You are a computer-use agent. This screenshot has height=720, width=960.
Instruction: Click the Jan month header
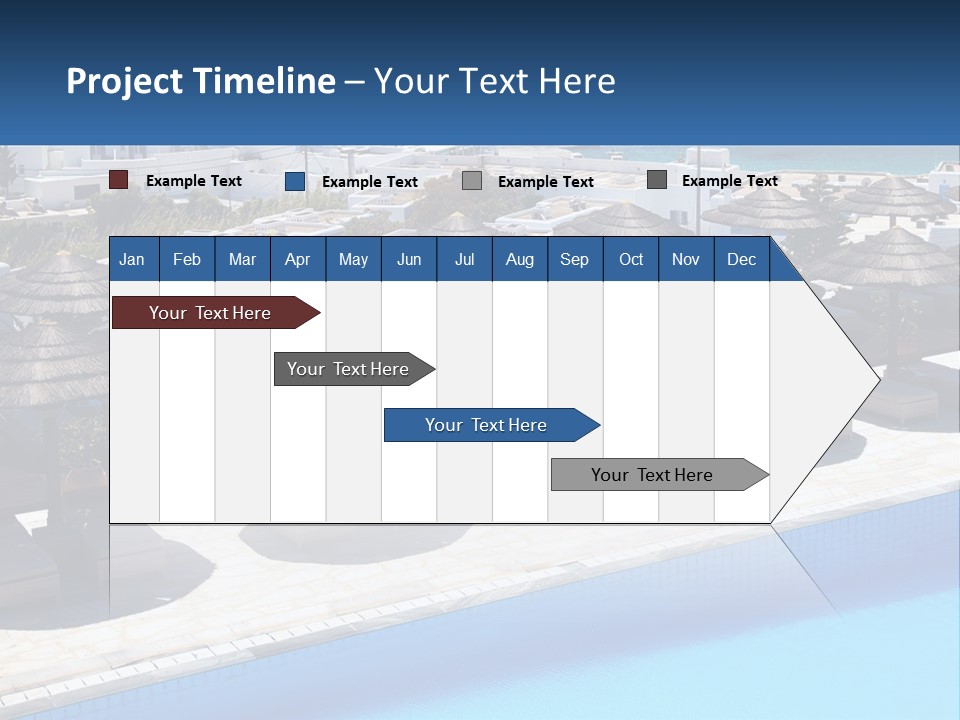pyautogui.click(x=132, y=259)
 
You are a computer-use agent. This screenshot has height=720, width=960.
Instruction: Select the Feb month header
pyautogui.click(x=187, y=259)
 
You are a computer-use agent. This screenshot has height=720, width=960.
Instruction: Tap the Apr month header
pyautogui.click(x=298, y=259)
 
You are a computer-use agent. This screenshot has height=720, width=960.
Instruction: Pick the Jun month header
pyautogui.click(x=409, y=259)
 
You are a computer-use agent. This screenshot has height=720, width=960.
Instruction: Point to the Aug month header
pyautogui.click(x=520, y=259)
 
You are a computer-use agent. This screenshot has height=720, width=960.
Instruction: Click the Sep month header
pyautogui.click(x=575, y=259)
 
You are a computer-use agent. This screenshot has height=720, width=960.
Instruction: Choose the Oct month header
pyautogui.click(x=631, y=259)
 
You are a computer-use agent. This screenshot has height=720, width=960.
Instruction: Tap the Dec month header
pyautogui.click(x=742, y=259)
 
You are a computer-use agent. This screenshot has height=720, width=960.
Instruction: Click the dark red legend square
pyautogui.click(x=119, y=180)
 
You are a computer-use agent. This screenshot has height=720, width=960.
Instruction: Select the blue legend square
pyautogui.click(x=295, y=181)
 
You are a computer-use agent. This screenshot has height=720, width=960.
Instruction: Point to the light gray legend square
pyautogui.click(x=472, y=181)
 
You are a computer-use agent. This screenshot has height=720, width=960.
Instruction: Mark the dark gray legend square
pyautogui.click(x=657, y=180)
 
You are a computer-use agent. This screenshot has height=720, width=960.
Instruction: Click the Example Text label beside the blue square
pyautogui.click(x=370, y=182)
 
